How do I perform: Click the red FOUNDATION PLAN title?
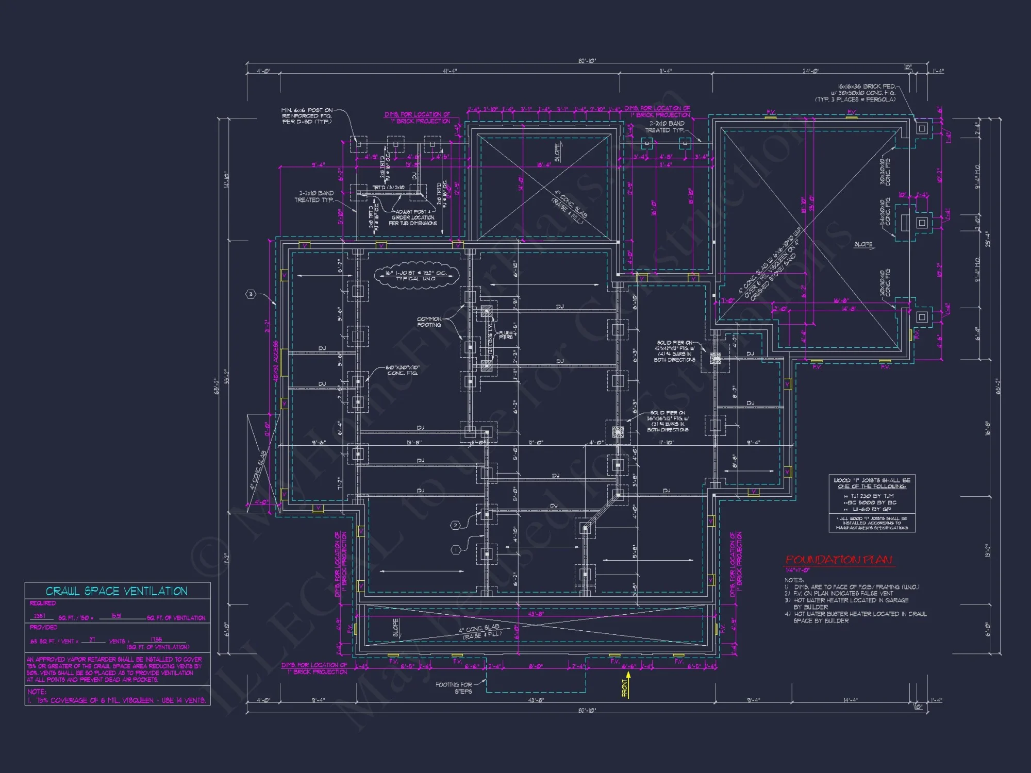[838, 560]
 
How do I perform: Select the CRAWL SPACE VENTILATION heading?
[117, 591]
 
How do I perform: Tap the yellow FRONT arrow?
[626, 686]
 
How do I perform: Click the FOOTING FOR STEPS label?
[454, 688]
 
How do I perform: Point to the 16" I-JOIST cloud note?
[416, 276]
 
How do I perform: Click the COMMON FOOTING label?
[429, 322]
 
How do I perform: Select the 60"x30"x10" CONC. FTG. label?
[403, 370]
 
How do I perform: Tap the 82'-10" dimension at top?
[587, 61]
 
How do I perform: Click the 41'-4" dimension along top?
[450, 71]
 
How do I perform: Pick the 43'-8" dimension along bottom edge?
[536, 700]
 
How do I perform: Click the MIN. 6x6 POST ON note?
[307, 116]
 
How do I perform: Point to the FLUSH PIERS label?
[505, 335]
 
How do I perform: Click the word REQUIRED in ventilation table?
[43, 603]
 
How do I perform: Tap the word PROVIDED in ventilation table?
[43, 627]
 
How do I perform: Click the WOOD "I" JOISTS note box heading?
[872, 483]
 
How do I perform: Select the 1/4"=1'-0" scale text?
[797, 570]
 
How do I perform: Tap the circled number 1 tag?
[456, 550]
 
